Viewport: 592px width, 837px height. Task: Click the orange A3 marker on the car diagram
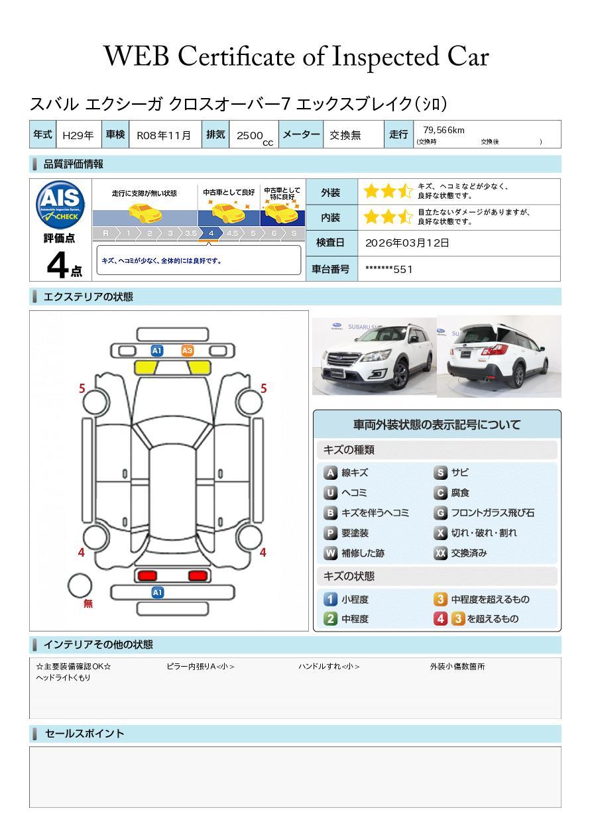pyautogui.click(x=187, y=351)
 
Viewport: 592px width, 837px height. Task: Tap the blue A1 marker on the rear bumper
pyautogui.click(x=157, y=592)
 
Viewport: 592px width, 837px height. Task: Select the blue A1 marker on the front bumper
pyautogui.click(x=156, y=351)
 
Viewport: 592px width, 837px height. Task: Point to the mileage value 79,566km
pyautogui.click(x=444, y=130)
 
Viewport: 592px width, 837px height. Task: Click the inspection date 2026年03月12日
pyautogui.click(x=407, y=243)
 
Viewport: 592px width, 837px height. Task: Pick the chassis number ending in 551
pyautogui.click(x=388, y=269)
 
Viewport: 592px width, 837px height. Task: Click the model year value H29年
pyautogui.click(x=78, y=135)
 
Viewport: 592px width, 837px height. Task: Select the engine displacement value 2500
pyautogui.click(x=250, y=135)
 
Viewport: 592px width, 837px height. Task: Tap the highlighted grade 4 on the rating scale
pyautogui.click(x=211, y=233)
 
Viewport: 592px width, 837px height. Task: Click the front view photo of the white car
pyautogui.click(x=374, y=356)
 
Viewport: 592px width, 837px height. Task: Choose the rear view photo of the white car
pyautogui.click(x=499, y=356)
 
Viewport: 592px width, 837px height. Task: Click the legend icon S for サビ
pyautogui.click(x=440, y=473)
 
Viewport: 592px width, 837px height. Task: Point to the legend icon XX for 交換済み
pyautogui.click(x=440, y=553)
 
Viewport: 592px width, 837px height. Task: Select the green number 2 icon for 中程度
pyautogui.click(x=330, y=618)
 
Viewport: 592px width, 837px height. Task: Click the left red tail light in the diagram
pyautogui.click(x=147, y=576)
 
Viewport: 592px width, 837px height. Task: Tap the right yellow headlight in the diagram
pyautogui.click(x=200, y=368)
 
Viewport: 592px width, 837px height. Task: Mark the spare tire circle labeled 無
pyautogui.click(x=80, y=586)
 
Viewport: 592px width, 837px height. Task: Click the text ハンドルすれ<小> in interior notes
pyautogui.click(x=329, y=666)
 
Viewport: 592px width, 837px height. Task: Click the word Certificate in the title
pyautogui.click(x=236, y=57)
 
